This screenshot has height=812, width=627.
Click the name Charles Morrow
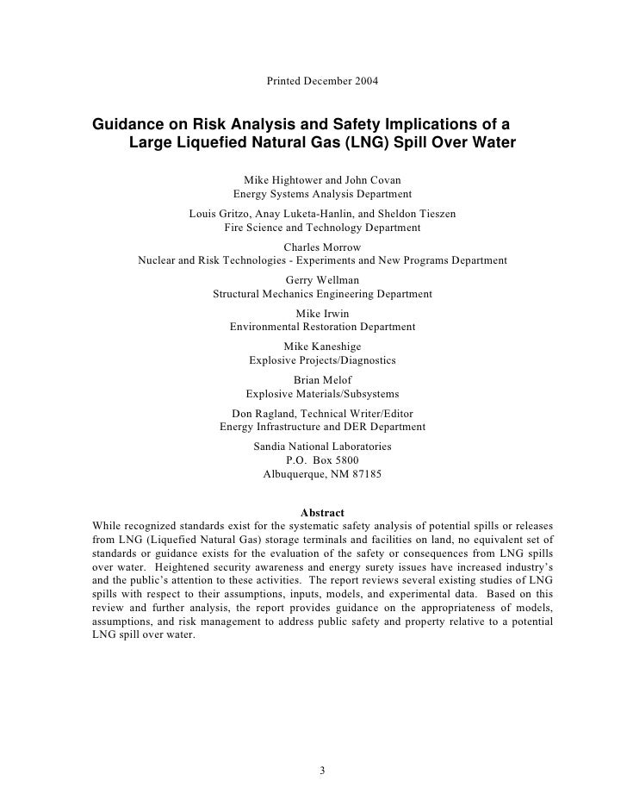click(322, 247)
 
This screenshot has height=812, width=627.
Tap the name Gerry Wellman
click(322, 280)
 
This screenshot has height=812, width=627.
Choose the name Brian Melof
click(322, 380)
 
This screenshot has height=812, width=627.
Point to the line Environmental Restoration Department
click(322, 328)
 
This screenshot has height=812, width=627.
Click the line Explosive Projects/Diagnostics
click(322, 360)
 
